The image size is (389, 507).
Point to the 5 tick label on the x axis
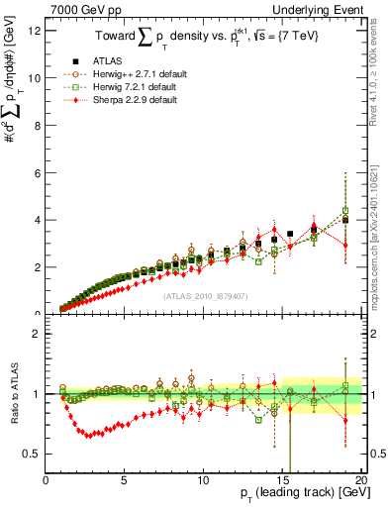tap(125, 479)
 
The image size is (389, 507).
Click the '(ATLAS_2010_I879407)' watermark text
tap(205, 295)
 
